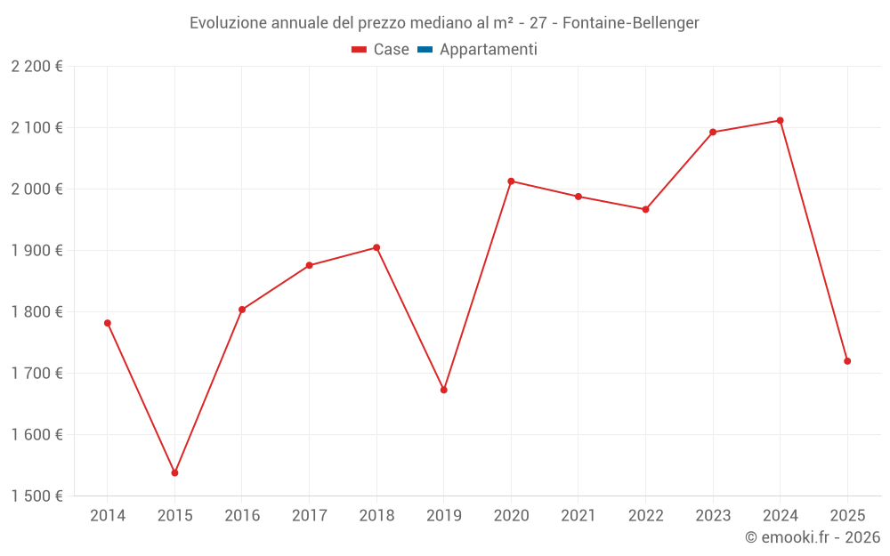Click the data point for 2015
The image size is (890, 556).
point(174,472)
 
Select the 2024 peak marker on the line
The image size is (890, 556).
point(780,120)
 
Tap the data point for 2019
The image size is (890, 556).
point(443,390)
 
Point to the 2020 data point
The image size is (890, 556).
point(511,181)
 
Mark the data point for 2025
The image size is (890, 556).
point(847,361)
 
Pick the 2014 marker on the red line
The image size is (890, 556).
point(108,323)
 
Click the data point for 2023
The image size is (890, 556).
point(713,133)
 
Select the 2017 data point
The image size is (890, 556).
point(309,265)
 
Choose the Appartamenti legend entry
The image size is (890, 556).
point(488,50)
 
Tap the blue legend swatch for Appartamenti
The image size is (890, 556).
point(425,50)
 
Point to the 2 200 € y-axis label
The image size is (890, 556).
point(37,67)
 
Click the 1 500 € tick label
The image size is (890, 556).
point(37,496)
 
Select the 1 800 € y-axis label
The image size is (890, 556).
point(37,312)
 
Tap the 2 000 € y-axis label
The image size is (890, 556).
point(37,189)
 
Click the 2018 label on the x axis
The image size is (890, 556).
point(376,516)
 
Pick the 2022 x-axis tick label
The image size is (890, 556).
point(645,516)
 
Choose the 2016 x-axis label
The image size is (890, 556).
point(242,516)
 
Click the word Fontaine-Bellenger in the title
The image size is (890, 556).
point(631,22)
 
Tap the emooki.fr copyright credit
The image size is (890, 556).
point(813,537)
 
